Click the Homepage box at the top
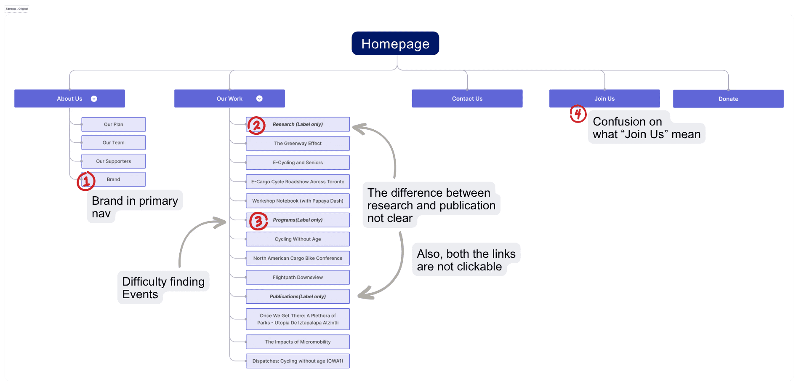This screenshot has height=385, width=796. tap(395, 43)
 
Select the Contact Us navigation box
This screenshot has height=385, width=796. tap(467, 99)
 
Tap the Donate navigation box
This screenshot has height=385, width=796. tap(728, 99)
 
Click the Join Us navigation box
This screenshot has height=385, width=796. tap(604, 99)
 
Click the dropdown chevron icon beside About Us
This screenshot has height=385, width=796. tap(94, 99)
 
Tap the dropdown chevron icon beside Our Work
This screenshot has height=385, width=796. tap(259, 99)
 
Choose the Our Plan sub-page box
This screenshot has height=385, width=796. tap(113, 125)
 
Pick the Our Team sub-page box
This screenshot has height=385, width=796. tap(113, 143)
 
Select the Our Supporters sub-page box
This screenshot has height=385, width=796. tap(113, 161)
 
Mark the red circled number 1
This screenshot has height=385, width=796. tap(86, 181)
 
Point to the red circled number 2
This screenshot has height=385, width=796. tap(256, 126)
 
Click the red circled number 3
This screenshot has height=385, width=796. tap(258, 221)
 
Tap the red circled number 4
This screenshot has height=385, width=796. tap(578, 114)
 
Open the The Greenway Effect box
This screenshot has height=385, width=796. tap(298, 144)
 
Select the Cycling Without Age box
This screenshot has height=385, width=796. tap(298, 239)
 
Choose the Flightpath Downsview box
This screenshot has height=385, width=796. tap(298, 278)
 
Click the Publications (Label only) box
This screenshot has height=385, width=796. tap(298, 297)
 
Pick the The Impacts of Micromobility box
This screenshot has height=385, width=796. tap(298, 342)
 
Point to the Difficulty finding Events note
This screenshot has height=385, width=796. tap(163, 288)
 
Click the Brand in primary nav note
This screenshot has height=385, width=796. tap(135, 206)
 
